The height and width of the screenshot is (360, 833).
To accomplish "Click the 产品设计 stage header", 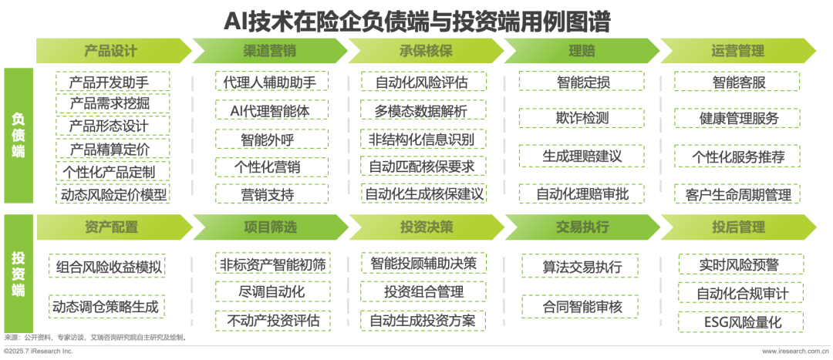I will point(110,51).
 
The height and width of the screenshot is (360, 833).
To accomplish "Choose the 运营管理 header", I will point(737,51).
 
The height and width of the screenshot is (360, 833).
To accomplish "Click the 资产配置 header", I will point(110,227).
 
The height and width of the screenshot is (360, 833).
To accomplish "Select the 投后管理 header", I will point(737,227).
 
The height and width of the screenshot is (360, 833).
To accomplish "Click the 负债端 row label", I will point(19,136).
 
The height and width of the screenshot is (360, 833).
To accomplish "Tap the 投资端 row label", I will point(19,274).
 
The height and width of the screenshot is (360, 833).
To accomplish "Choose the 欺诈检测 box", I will point(582,118).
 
